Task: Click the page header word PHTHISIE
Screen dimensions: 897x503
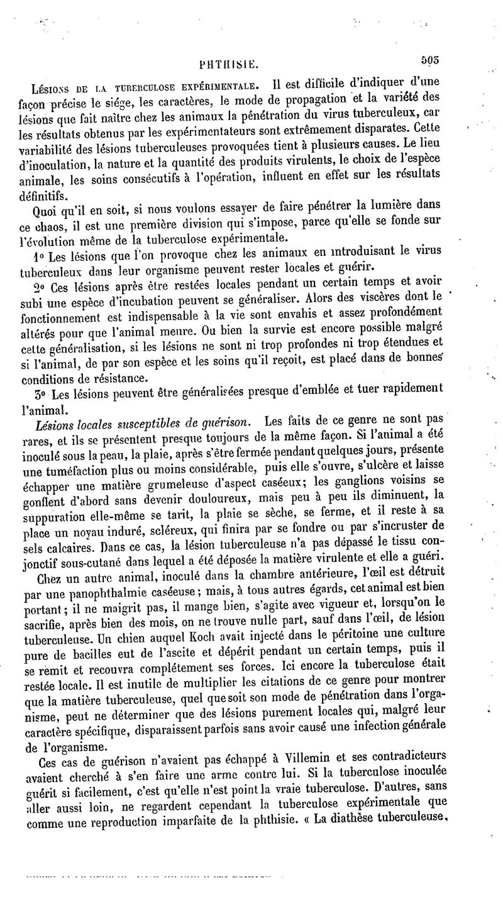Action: coord(224,63)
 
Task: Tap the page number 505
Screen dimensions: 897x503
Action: coord(429,60)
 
